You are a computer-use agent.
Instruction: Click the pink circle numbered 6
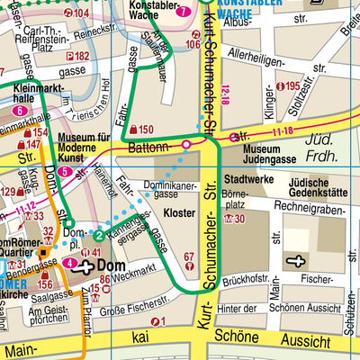point(21,111)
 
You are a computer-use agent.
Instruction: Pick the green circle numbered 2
point(98,236)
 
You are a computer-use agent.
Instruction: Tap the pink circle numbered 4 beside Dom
point(70,263)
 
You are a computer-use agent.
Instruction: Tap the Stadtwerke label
point(248,180)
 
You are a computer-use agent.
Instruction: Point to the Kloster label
point(179,213)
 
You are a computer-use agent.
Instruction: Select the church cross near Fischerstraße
point(297,260)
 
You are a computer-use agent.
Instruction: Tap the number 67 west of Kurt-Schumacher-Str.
point(189,256)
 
